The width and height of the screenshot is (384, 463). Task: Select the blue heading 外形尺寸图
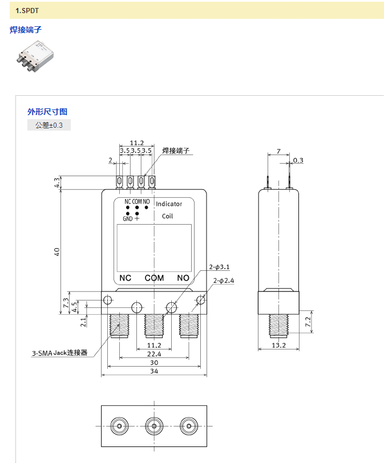point(47,112)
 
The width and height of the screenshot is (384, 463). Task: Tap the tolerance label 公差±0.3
point(49,125)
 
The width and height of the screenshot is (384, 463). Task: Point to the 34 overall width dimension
point(154,371)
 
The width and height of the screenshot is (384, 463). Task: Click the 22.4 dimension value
point(154,354)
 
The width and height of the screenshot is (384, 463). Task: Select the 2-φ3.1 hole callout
point(219,267)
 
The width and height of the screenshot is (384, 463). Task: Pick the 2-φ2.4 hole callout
point(224,281)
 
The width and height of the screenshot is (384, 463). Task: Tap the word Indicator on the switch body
point(169,204)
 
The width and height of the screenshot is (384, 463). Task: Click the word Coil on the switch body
point(167,216)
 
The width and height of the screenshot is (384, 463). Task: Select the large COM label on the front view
point(154,278)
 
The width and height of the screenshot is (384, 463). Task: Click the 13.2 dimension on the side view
point(278,345)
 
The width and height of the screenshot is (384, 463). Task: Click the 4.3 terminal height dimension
point(57,183)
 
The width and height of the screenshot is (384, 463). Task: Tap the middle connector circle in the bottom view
point(153,426)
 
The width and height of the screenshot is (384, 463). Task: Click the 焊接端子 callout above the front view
point(176,151)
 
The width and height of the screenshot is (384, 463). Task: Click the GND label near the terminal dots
point(127,219)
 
